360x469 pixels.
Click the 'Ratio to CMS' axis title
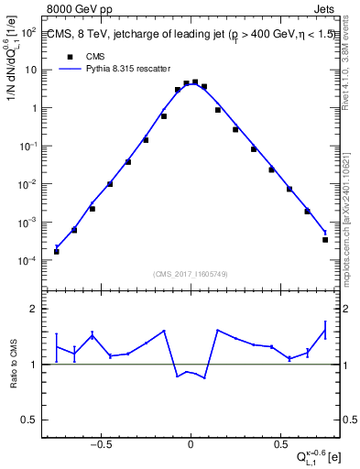[13, 365]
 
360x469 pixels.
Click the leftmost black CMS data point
[57, 251]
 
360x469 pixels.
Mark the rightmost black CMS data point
[325, 239]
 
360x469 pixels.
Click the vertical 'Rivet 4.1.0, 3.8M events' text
[353, 82]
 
